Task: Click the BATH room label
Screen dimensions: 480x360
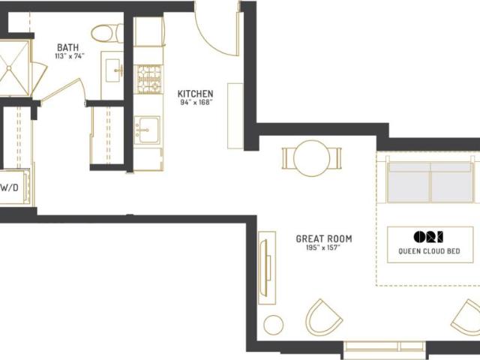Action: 68,47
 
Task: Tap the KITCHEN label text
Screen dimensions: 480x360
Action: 195,94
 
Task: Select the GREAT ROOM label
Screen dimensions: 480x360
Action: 324,238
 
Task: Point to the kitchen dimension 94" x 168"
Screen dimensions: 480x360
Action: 196,102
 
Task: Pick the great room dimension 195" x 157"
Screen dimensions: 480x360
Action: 323,247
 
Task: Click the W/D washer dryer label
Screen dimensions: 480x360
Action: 9,187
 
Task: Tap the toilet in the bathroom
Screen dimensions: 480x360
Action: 106,33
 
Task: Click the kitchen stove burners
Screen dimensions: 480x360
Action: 148,79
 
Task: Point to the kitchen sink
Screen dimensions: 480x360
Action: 147,130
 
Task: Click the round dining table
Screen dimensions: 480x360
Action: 312,158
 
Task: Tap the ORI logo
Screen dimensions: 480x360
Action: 428,237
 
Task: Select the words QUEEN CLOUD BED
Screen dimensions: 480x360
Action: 429,251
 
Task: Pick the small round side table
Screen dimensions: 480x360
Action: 273,325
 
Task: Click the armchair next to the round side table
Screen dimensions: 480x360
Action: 324,318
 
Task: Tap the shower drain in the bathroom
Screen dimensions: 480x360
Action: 9,68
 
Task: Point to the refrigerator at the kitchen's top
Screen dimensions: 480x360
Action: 149,31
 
